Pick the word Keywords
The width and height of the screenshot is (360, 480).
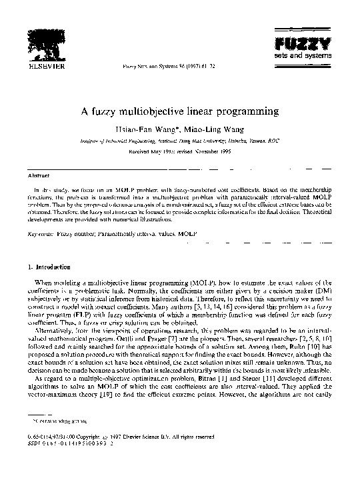click(42, 235)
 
